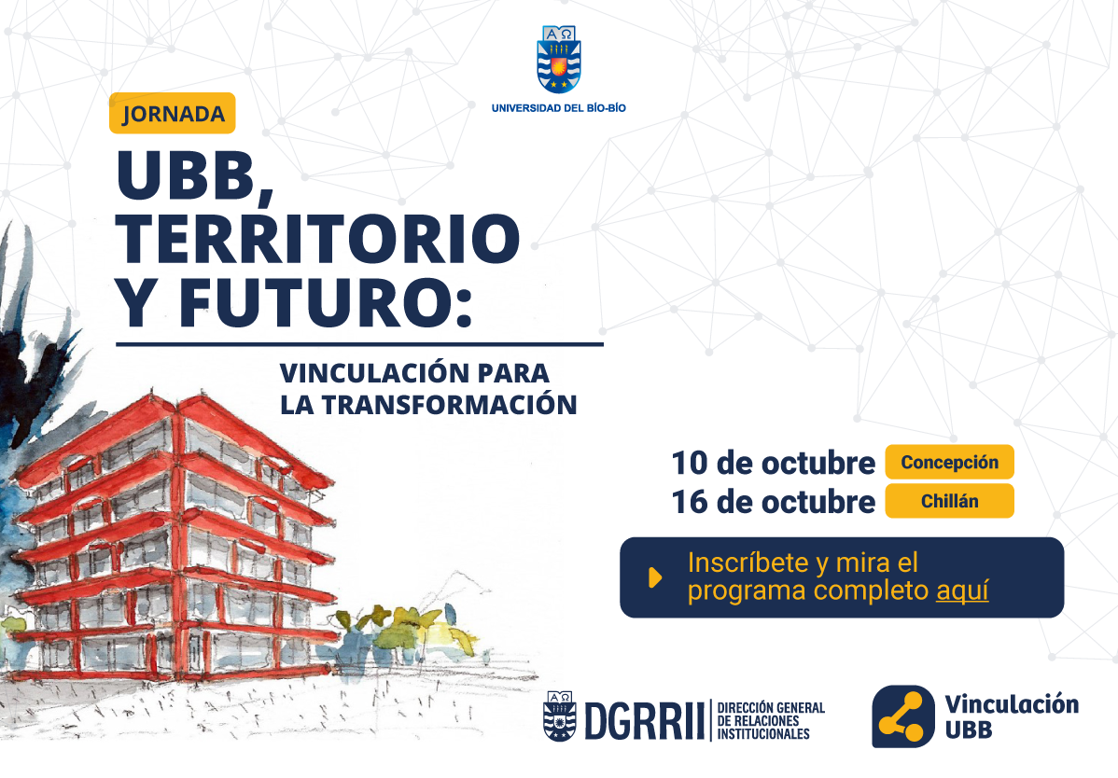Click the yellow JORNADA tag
pos(172,113)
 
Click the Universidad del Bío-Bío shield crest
pos(558,59)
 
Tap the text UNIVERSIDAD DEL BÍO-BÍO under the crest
pos(558,108)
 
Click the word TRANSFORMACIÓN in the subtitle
pos(449,405)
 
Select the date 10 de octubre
pos(773,463)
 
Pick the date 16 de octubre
pos(773,502)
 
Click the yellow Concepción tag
pos(949,463)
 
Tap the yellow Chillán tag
pos(949,501)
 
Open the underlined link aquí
pos(962,590)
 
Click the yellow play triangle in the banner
pos(655,577)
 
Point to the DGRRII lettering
pos(644,720)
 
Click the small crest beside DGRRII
pos(560,715)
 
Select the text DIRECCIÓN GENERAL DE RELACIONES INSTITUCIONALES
pos(771,721)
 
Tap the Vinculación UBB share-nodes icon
pos(902,716)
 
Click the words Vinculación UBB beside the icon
pos(1011,716)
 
